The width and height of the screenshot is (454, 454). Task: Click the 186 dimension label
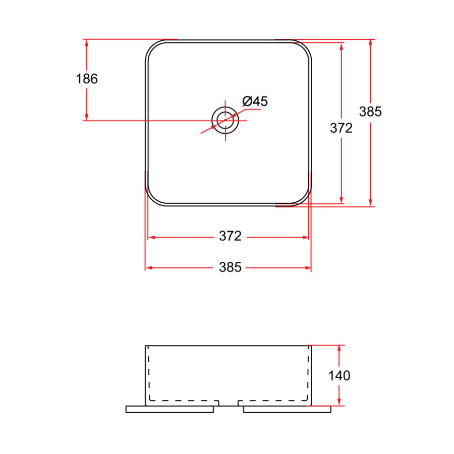click(x=86, y=79)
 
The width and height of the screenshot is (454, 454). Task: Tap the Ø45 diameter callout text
click(x=255, y=101)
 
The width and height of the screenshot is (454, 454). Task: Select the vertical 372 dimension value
click(x=341, y=128)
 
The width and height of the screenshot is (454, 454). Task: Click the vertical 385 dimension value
click(x=370, y=111)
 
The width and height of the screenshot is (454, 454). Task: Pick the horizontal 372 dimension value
click(x=230, y=236)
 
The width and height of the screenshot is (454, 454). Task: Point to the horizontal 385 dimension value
click(x=230, y=267)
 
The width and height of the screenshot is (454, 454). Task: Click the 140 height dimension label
click(x=339, y=375)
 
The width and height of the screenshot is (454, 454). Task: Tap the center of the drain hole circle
click(x=225, y=120)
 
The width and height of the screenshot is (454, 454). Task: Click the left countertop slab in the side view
click(x=169, y=409)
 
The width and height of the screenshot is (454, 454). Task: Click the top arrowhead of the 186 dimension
click(x=87, y=43)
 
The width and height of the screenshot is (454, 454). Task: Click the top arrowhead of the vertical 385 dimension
click(x=371, y=43)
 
